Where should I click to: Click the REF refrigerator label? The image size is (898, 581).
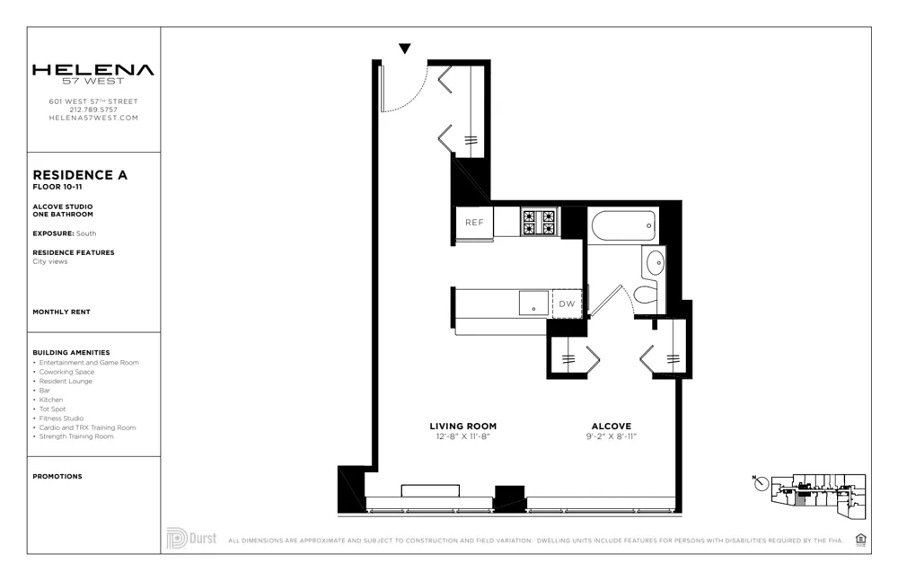click(473, 223)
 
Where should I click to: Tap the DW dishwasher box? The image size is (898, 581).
click(566, 304)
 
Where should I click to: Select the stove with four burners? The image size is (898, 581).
click(540, 222)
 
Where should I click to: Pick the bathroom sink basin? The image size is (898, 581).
click(655, 262)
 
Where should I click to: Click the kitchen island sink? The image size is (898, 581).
click(533, 303)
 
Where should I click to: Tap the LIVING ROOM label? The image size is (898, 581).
click(462, 427)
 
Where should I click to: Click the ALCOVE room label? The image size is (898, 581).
click(611, 427)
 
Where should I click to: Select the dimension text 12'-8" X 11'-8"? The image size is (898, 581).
click(462, 437)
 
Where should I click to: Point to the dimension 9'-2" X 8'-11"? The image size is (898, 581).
click(611, 437)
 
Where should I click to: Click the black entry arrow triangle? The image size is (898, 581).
click(405, 48)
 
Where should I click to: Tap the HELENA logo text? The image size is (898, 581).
click(93, 70)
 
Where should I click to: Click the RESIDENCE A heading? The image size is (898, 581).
click(80, 175)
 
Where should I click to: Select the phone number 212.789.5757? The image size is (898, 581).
click(93, 110)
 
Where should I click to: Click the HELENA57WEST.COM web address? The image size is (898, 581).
click(93, 118)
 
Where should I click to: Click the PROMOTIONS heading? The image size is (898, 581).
click(57, 476)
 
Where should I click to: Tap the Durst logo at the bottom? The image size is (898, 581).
click(191, 539)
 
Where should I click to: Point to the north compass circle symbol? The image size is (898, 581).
click(762, 484)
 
